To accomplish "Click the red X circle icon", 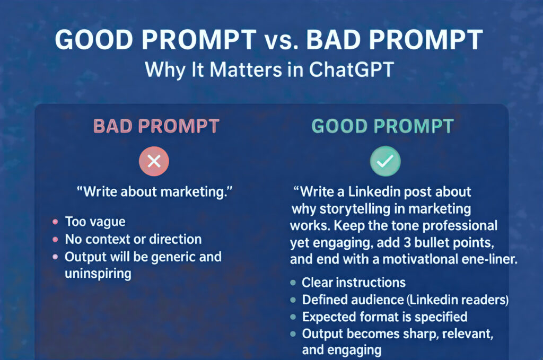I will click(x=154, y=161).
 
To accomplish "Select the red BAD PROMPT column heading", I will click(x=156, y=127).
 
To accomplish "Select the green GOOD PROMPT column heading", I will click(x=382, y=127).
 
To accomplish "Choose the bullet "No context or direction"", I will click(x=133, y=239).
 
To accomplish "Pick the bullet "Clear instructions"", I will click(x=354, y=282).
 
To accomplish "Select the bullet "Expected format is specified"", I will click(x=384, y=317).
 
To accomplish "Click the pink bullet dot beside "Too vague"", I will click(x=55, y=222).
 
